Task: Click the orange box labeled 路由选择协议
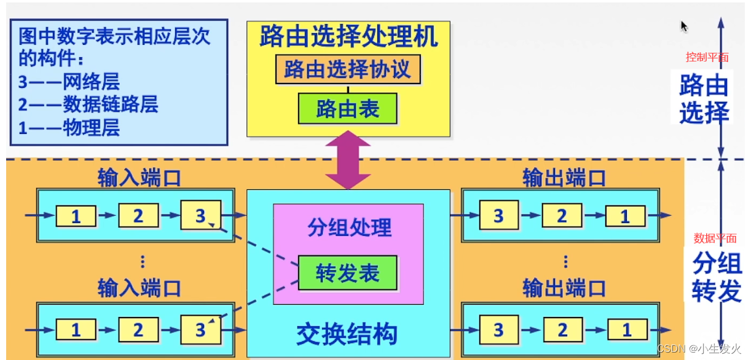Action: pos(348,69)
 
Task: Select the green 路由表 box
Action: pos(348,109)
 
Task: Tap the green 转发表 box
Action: pos(348,273)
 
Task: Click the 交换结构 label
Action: pos(347,334)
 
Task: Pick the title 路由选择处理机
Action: pos(348,37)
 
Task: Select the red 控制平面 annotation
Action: pos(707,57)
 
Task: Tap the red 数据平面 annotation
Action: pos(715,238)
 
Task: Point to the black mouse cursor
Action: pos(683,26)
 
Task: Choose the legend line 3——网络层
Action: pos(69,82)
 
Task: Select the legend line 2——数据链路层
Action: pos(88,104)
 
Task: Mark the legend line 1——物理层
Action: pos(69,127)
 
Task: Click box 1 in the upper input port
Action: pos(76,216)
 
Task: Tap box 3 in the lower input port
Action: pos(200,330)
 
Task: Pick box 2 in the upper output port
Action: pos(562,216)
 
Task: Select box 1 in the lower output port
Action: pos(626,330)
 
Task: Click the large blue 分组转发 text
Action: pos(717,278)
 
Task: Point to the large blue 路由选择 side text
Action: pos(704,100)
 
